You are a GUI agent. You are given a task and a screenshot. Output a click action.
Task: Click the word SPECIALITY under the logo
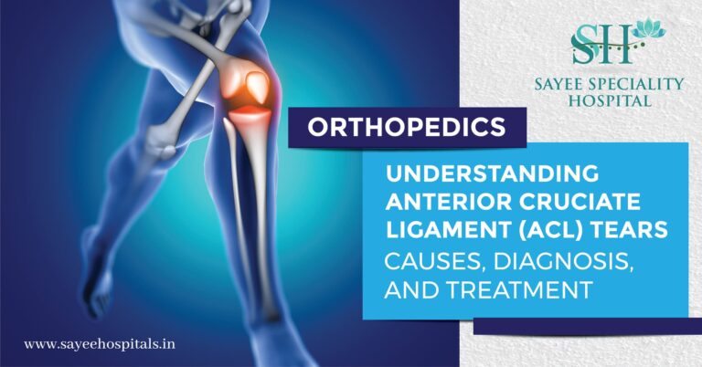(x=641, y=84)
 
